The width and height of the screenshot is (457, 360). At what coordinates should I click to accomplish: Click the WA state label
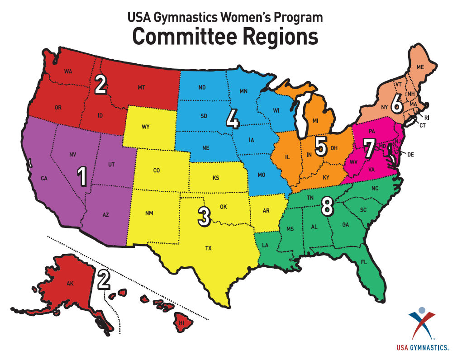click(x=68, y=71)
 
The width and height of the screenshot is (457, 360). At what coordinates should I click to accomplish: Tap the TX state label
click(x=209, y=248)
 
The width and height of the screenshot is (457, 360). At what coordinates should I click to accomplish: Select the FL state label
click(x=364, y=262)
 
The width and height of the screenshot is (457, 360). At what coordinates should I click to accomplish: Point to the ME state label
click(x=420, y=67)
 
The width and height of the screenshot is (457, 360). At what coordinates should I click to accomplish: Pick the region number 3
click(x=204, y=217)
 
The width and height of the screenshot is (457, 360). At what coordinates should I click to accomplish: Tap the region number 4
click(x=232, y=120)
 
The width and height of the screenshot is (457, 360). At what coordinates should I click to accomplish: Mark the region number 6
click(x=397, y=106)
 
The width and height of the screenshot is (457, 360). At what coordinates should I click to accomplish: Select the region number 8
click(x=327, y=207)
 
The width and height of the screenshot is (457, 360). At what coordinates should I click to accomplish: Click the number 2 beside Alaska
click(x=104, y=280)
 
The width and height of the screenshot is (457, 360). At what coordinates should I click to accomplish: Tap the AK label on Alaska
click(x=70, y=284)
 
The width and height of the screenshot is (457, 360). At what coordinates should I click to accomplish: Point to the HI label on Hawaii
click(x=181, y=323)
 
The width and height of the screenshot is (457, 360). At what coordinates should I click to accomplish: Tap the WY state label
click(x=145, y=127)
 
